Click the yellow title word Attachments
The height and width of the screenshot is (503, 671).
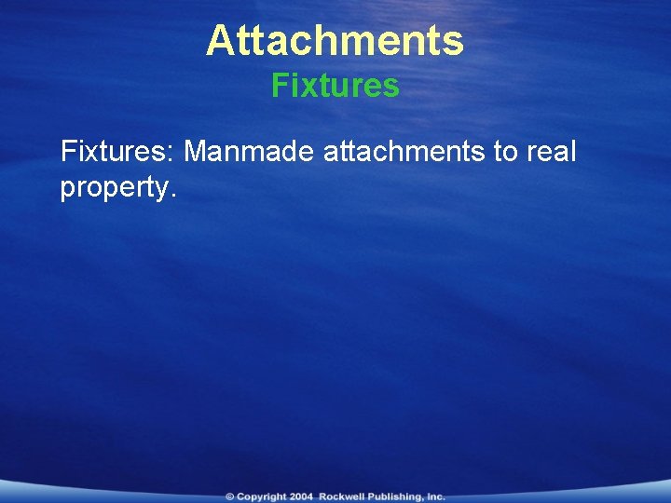pos(335,41)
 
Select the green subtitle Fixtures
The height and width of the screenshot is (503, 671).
pos(335,87)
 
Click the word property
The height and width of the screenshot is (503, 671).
pos(113,188)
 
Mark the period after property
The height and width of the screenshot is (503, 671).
pos(171,196)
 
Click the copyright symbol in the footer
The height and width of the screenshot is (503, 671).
pos(229,497)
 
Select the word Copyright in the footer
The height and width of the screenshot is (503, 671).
pos(262,497)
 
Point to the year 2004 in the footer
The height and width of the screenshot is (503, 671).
pos(302,497)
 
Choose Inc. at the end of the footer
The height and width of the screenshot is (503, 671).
pos(436,497)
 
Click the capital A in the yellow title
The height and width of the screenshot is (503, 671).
pos(219,41)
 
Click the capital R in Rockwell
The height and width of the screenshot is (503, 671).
pos(322,497)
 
